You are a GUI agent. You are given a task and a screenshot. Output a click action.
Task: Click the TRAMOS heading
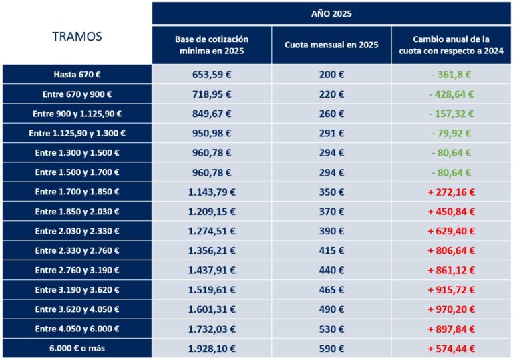(77, 37)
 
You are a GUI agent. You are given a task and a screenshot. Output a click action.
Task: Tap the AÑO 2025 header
(331, 13)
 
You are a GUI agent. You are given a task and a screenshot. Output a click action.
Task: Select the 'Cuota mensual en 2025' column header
(331, 45)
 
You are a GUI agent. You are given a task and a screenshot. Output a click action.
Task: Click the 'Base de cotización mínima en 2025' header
(212, 45)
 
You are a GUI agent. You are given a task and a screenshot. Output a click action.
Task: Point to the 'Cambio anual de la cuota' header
(451, 45)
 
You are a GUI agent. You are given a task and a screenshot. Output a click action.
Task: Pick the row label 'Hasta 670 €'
(77, 74)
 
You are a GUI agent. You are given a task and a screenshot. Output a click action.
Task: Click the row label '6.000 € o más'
(77, 348)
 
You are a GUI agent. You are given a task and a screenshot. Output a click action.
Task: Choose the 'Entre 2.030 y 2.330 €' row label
(77, 231)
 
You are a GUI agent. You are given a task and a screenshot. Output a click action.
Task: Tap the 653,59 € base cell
(212, 74)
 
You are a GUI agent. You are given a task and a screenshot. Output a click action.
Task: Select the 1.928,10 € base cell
(212, 348)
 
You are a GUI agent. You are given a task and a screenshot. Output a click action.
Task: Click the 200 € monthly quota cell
(331, 74)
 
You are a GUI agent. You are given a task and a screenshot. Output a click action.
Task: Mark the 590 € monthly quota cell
(331, 348)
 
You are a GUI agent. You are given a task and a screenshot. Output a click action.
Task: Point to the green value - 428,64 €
(451, 94)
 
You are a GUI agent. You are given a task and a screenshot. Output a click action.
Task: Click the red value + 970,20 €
(451, 309)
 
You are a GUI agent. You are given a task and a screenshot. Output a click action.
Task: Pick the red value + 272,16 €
(451, 192)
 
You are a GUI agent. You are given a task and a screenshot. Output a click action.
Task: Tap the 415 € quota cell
(331, 250)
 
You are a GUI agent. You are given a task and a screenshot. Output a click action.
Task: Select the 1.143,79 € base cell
(212, 192)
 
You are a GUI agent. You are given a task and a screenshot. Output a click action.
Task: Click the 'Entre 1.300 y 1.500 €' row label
(77, 153)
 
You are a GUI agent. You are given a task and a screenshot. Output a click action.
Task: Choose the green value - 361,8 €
(451, 74)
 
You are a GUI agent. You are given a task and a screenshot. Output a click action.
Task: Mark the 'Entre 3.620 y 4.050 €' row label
(77, 309)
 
